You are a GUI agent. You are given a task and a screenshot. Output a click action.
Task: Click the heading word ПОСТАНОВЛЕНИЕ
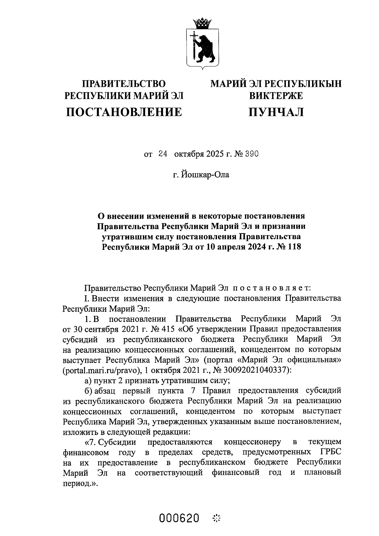point(124,112)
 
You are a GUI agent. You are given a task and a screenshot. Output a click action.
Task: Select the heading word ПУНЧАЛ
point(276,112)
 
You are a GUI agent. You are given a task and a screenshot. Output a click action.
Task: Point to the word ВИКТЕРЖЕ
point(276,95)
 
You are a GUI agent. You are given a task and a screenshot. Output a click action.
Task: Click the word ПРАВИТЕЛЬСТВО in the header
point(124,84)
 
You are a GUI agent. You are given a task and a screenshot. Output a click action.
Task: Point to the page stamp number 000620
point(179,518)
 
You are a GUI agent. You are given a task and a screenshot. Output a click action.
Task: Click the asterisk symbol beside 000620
point(217,518)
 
